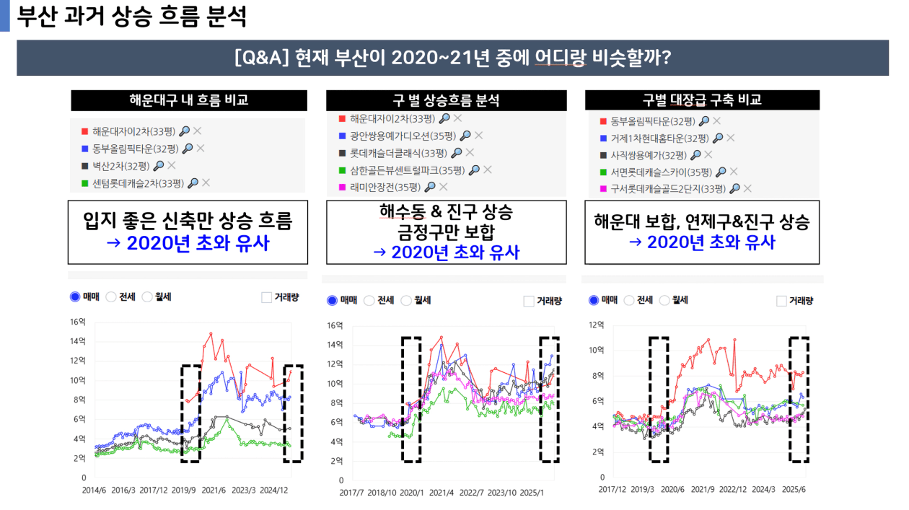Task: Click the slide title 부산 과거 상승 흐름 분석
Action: click(x=132, y=17)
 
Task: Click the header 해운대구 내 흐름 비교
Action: click(x=189, y=100)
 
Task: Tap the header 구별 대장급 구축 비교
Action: click(x=702, y=100)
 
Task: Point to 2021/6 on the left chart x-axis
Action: click(x=215, y=490)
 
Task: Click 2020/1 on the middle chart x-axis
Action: click(x=413, y=493)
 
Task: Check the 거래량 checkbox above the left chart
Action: click(x=266, y=297)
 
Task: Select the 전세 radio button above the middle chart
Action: click(x=369, y=301)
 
